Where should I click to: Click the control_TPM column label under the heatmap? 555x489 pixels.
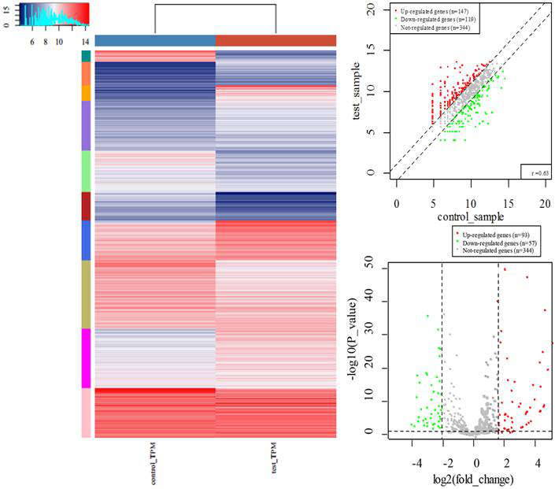tap(150, 460)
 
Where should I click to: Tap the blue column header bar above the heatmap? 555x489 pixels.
tap(155, 40)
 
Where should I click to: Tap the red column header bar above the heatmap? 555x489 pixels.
tap(276, 40)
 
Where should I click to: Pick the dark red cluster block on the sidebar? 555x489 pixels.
tap(87, 206)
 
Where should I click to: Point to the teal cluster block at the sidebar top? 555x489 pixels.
tap(87, 55)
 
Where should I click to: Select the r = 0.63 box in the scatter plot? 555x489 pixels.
tap(534, 172)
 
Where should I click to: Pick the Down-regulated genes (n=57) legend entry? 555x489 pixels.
tap(489, 243)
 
